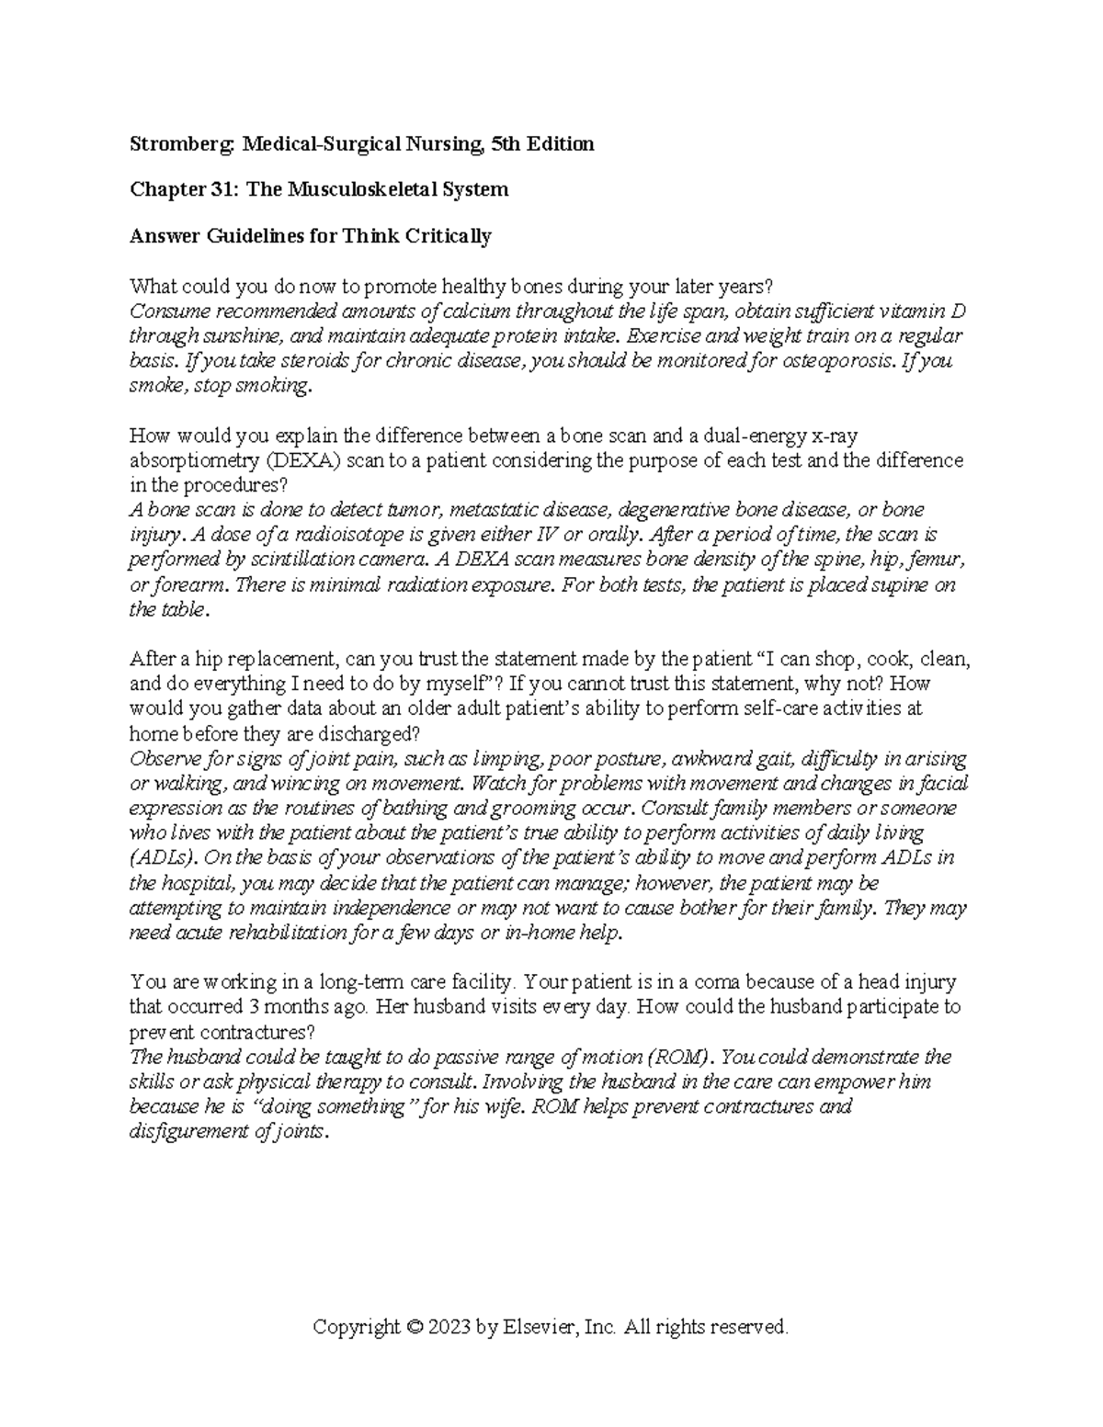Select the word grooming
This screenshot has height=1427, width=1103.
[520, 809]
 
